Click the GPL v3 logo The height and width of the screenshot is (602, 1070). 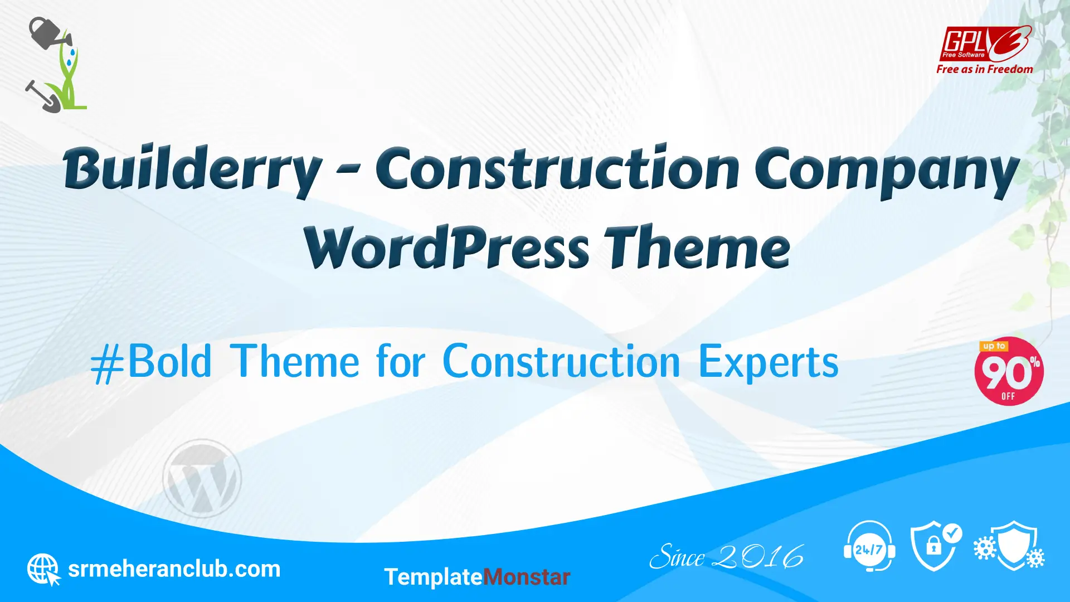point(985,43)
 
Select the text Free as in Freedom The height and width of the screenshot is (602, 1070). point(985,69)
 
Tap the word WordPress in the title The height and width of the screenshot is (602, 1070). point(446,247)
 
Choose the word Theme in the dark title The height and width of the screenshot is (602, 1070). point(698,247)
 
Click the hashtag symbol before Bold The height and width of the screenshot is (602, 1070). point(108,363)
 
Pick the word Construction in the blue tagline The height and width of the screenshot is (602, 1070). point(561,361)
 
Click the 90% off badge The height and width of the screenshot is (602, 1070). point(1009,371)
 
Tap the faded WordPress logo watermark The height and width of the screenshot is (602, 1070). point(202,478)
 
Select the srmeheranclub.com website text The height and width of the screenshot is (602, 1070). point(174,569)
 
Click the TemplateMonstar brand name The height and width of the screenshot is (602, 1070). point(477,577)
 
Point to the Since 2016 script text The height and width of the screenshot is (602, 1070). point(727,556)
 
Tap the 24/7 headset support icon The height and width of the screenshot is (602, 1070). point(869,546)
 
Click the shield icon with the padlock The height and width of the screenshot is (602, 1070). point(936,546)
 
